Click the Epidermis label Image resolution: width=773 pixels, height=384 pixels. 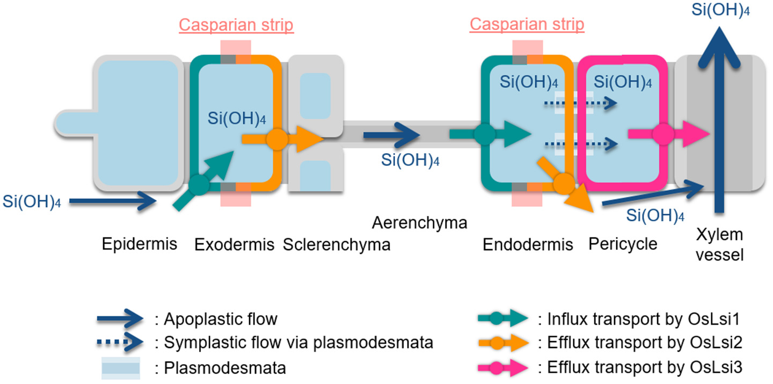(x=140, y=245)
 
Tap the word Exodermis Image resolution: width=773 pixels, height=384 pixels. (x=234, y=245)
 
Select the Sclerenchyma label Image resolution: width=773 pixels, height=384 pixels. (x=336, y=245)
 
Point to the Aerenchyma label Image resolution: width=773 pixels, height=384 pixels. (x=420, y=222)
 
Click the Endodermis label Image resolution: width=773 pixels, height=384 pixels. (x=528, y=245)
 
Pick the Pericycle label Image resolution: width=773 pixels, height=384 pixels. (x=623, y=244)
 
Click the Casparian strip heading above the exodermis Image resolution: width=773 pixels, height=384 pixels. (x=236, y=25)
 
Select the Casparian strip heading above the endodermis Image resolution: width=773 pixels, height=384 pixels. (x=527, y=25)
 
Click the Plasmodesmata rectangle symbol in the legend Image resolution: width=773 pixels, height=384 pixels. (x=119, y=368)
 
